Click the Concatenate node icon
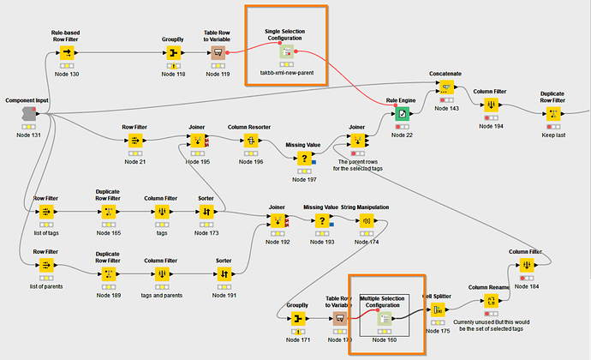[x=447, y=89]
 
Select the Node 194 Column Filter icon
[x=492, y=106]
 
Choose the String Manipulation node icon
[x=367, y=222]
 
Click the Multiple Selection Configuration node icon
[x=385, y=319]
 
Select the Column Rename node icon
[x=491, y=301]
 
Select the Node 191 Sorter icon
[x=224, y=274]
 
